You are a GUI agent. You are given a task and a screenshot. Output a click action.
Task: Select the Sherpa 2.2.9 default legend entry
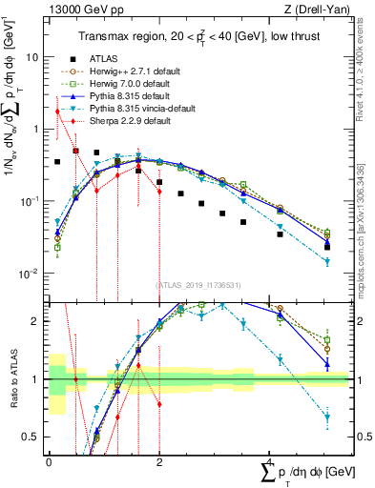[131, 121]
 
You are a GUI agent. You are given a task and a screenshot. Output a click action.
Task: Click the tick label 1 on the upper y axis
[35, 129]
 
